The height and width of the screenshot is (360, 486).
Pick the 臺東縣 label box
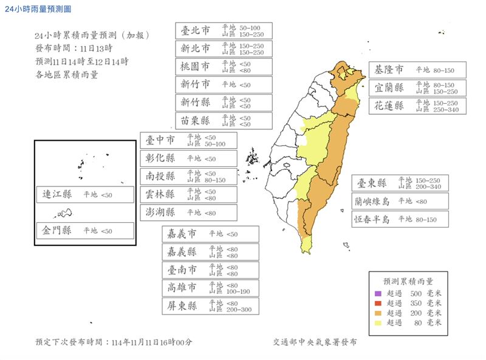pos(400,183)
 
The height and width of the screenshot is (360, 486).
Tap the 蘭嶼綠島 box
pos(400,201)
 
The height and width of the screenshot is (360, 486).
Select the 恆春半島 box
pos(400,219)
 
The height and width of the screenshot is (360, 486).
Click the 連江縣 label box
pos(84,194)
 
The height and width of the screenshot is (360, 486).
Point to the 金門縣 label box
pos(84,231)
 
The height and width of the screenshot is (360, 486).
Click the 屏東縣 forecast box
pos(210,306)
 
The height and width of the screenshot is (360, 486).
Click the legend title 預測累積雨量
pos(408,281)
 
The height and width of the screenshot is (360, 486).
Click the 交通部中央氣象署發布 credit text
pos(315,342)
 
